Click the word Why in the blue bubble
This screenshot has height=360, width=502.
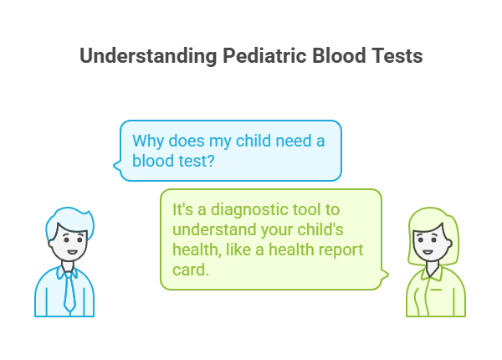pyautogui.click(x=147, y=141)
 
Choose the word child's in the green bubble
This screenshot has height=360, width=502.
pyautogui.click(x=336, y=229)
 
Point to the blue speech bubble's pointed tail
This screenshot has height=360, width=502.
pyautogui.click(x=118, y=171)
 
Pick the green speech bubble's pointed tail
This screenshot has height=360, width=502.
pyautogui.click(x=385, y=273)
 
